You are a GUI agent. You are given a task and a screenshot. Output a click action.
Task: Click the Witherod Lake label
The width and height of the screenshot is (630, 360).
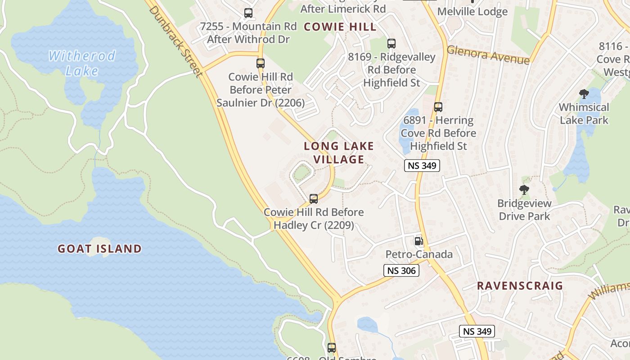coord(82,63)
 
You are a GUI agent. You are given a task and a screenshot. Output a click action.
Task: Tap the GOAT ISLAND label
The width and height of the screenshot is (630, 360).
coord(99,248)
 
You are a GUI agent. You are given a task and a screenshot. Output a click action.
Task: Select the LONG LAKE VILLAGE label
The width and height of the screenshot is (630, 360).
coord(339,153)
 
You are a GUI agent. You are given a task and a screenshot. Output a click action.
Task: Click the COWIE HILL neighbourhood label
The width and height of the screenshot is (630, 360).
coord(340,27)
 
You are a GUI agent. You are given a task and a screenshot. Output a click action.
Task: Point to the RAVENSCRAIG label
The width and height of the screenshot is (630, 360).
coord(520,286)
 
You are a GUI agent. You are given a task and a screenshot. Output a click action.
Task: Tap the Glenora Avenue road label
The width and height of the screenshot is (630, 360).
coord(488,55)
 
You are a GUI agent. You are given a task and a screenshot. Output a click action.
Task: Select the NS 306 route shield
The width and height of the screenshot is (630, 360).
coord(401,270)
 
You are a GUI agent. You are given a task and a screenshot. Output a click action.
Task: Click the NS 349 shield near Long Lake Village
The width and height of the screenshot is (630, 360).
coord(422,165)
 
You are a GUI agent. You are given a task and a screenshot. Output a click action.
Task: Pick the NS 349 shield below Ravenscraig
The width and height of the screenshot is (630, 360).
coord(477,331)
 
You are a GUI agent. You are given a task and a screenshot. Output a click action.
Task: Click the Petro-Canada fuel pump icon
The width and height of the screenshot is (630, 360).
coord(418,241)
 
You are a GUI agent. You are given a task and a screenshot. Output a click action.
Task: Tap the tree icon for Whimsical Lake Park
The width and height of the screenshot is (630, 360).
coord(584,94)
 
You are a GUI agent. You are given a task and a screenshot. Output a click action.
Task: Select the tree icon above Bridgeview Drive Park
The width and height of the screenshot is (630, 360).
coord(524,190)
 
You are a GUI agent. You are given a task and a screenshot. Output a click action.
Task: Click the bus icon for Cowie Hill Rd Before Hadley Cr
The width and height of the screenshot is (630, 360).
coord(314,198)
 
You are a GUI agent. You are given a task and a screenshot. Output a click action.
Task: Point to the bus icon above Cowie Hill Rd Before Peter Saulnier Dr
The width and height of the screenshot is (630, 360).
coord(261,63)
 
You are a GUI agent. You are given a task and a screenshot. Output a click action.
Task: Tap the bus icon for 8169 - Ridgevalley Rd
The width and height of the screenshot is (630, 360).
coord(391,44)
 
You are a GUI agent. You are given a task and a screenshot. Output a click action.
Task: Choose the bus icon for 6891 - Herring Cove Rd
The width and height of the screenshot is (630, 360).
coord(438,107)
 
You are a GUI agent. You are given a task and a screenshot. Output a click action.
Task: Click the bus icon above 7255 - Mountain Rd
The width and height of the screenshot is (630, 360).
coord(248,13)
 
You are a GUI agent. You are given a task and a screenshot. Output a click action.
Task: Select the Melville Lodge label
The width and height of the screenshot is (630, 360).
coord(472,12)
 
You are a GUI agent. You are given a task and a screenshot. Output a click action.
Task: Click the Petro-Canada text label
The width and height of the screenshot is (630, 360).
coord(419,255)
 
